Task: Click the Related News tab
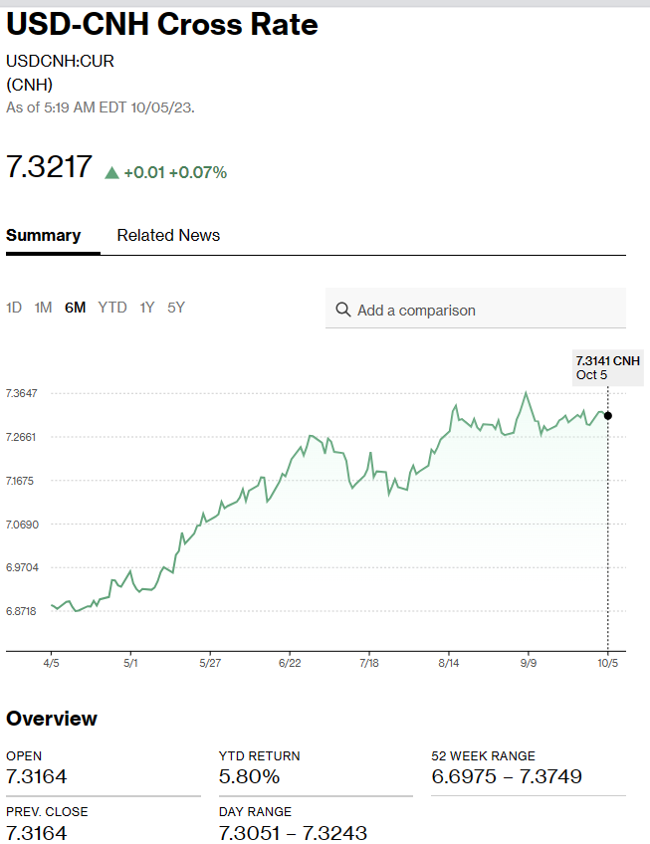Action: (x=168, y=236)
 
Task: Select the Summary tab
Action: (x=43, y=236)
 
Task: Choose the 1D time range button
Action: (x=14, y=308)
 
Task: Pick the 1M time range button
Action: (x=43, y=308)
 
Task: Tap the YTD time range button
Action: (x=112, y=308)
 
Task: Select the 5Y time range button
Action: (x=176, y=308)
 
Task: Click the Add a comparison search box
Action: (x=476, y=310)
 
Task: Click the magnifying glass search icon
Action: (x=343, y=310)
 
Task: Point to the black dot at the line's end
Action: (x=608, y=415)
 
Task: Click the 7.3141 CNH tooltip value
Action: (x=608, y=360)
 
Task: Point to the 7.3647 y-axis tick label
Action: (x=22, y=393)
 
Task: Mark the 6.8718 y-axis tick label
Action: (x=22, y=611)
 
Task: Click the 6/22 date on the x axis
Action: (x=290, y=662)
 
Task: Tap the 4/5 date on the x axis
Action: (x=52, y=662)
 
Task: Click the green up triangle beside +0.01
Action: (x=111, y=172)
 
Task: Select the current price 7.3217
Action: (x=49, y=166)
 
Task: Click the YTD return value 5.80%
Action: (x=249, y=776)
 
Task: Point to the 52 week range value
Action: (x=507, y=776)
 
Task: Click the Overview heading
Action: (x=52, y=719)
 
